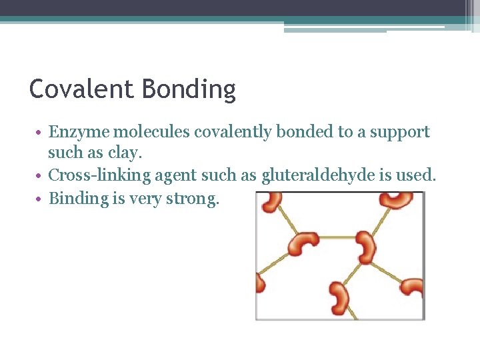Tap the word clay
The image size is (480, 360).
(x=129, y=153)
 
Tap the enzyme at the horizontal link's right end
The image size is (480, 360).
(x=366, y=246)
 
